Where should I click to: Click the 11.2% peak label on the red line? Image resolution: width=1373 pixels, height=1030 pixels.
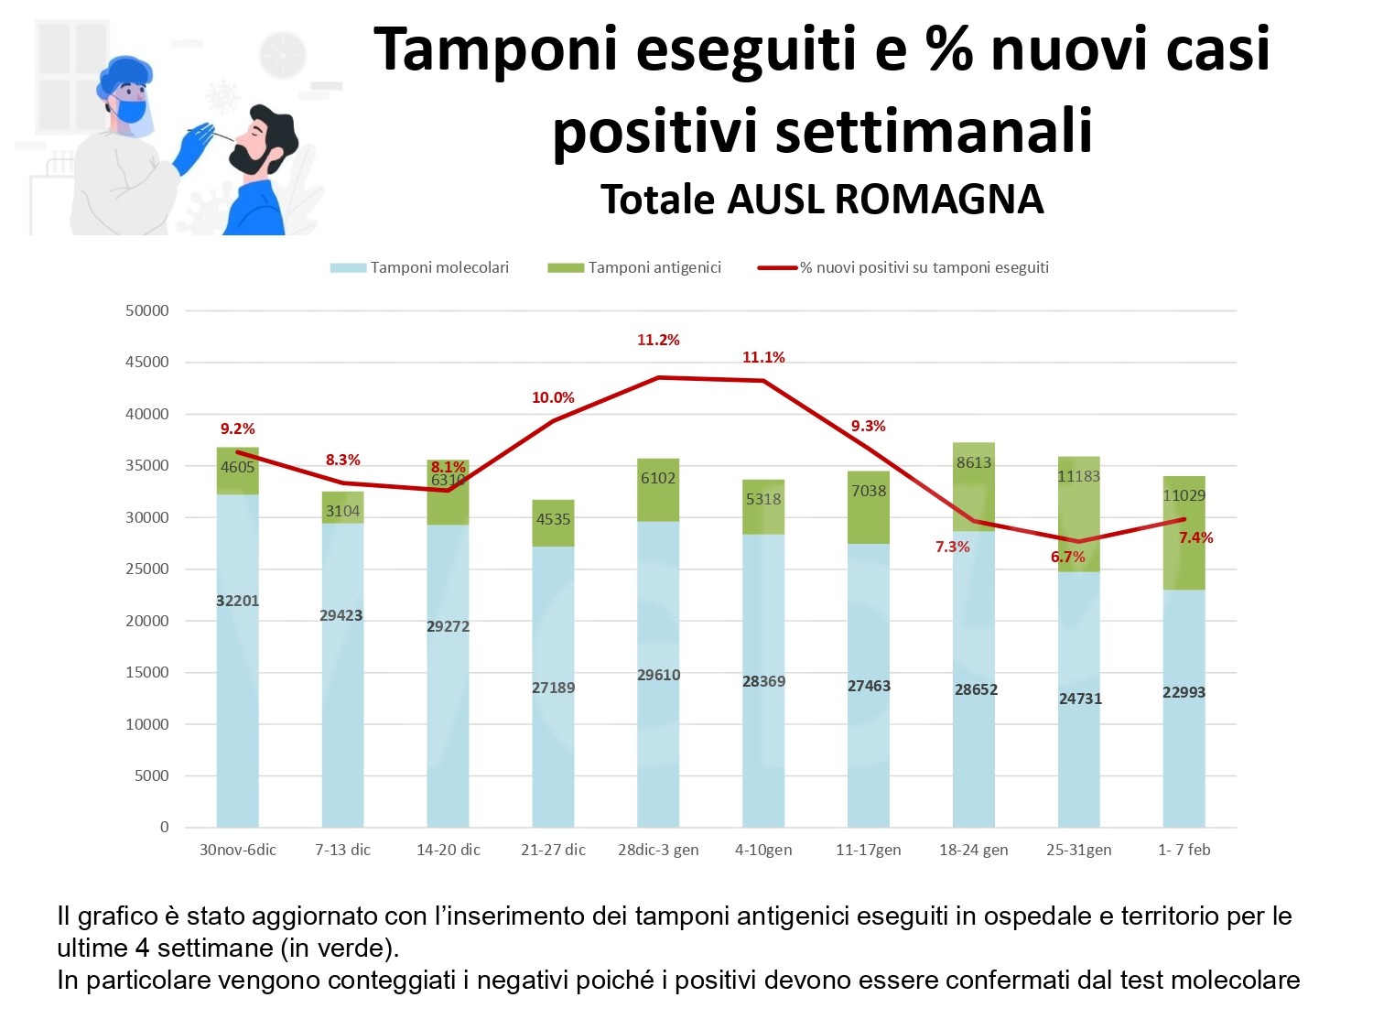tap(658, 341)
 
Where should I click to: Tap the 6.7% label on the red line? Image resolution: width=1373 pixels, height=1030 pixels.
tap(1067, 557)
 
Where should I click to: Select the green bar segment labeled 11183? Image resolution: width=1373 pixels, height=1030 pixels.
tap(1078, 513)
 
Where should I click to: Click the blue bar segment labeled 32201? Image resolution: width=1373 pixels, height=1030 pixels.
tap(237, 659)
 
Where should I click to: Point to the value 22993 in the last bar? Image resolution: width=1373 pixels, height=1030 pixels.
tap(1184, 692)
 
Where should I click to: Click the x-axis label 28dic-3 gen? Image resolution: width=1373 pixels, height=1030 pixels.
tap(658, 850)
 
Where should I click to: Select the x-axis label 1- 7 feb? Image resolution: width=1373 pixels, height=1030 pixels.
tap(1184, 850)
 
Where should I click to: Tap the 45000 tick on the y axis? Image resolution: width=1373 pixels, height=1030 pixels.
tap(147, 362)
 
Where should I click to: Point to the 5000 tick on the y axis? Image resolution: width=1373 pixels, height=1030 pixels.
tap(152, 775)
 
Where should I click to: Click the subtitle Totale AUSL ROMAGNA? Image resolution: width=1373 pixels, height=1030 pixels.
tap(822, 199)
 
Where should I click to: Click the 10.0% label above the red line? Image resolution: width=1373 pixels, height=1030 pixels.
tap(553, 397)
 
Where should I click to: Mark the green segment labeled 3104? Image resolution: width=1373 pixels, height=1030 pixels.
tap(342, 507)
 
